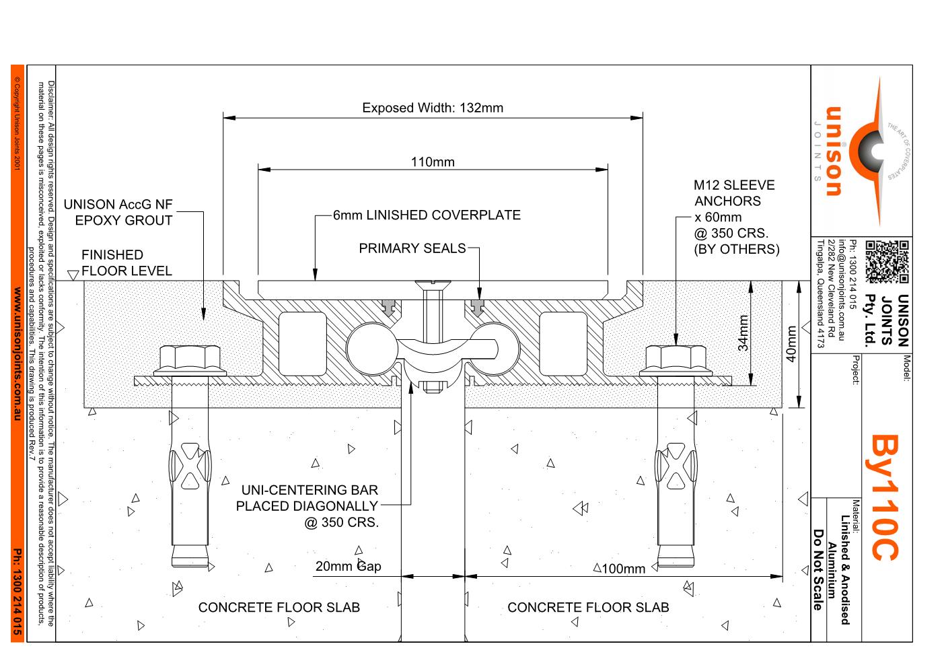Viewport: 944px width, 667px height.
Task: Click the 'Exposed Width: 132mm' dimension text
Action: (x=432, y=108)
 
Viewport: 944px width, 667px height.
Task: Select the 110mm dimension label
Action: (x=432, y=162)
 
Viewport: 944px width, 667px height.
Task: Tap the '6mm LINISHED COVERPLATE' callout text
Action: (x=427, y=215)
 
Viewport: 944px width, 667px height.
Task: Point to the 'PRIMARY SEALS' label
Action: (x=412, y=248)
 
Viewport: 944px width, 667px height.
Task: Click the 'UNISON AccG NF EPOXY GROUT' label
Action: (x=118, y=212)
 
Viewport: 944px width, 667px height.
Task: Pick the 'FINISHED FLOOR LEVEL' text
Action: (x=126, y=263)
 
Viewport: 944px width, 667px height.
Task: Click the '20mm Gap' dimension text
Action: (x=348, y=566)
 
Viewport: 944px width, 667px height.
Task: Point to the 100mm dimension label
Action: (x=623, y=569)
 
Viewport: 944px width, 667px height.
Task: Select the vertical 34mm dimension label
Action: (x=743, y=333)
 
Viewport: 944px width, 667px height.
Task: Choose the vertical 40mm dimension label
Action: (x=792, y=343)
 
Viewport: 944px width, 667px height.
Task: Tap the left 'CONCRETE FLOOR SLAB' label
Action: (x=279, y=608)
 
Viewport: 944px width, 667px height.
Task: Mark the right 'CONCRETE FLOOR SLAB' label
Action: (x=588, y=608)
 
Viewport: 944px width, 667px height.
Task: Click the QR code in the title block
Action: (x=886, y=261)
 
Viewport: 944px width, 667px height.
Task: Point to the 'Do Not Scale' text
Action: (x=818, y=570)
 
